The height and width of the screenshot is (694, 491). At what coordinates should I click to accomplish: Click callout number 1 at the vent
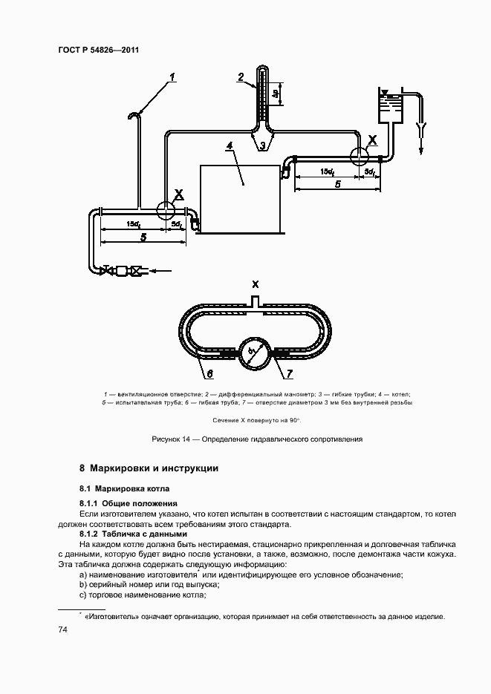(172, 76)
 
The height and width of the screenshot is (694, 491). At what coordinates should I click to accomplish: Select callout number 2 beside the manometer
(241, 77)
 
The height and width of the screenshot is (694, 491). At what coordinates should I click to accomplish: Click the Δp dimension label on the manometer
(276, 94)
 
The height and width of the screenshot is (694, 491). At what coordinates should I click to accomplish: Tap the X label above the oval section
(255, 284)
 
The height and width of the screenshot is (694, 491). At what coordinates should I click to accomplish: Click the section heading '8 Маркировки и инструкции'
(149, 468)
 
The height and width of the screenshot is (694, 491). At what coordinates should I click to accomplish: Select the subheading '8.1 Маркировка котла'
(125, 489)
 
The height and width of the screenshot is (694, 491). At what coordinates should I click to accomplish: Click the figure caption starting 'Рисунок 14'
(256, 439)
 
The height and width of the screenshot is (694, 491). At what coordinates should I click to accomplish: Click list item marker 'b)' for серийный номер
(83, 585)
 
